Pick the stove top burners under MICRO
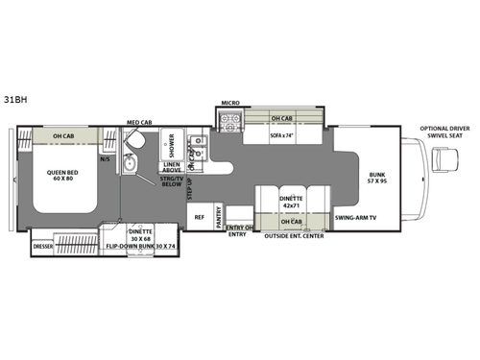(230, 122)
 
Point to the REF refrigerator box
(200, 217)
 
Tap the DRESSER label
(43, 246)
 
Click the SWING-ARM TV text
(355, 218)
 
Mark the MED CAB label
(139, 122)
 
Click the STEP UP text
(189, 189)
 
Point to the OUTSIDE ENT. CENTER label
(293, 236)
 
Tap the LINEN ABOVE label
(174, 166)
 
